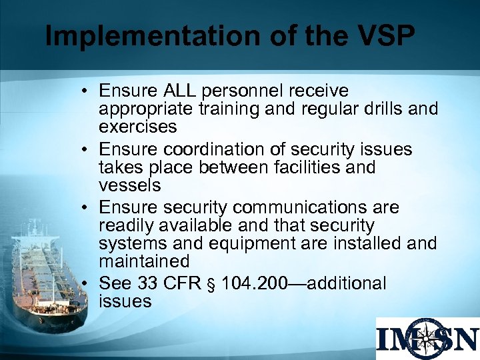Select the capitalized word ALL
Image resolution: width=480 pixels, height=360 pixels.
point(177,91)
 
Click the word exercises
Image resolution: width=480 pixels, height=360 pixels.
point(138,126)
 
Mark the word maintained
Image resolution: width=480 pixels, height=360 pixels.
point(144,261)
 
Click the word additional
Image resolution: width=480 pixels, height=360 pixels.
point(344,284)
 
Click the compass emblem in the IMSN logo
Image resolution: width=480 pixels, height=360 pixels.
point(427,339)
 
